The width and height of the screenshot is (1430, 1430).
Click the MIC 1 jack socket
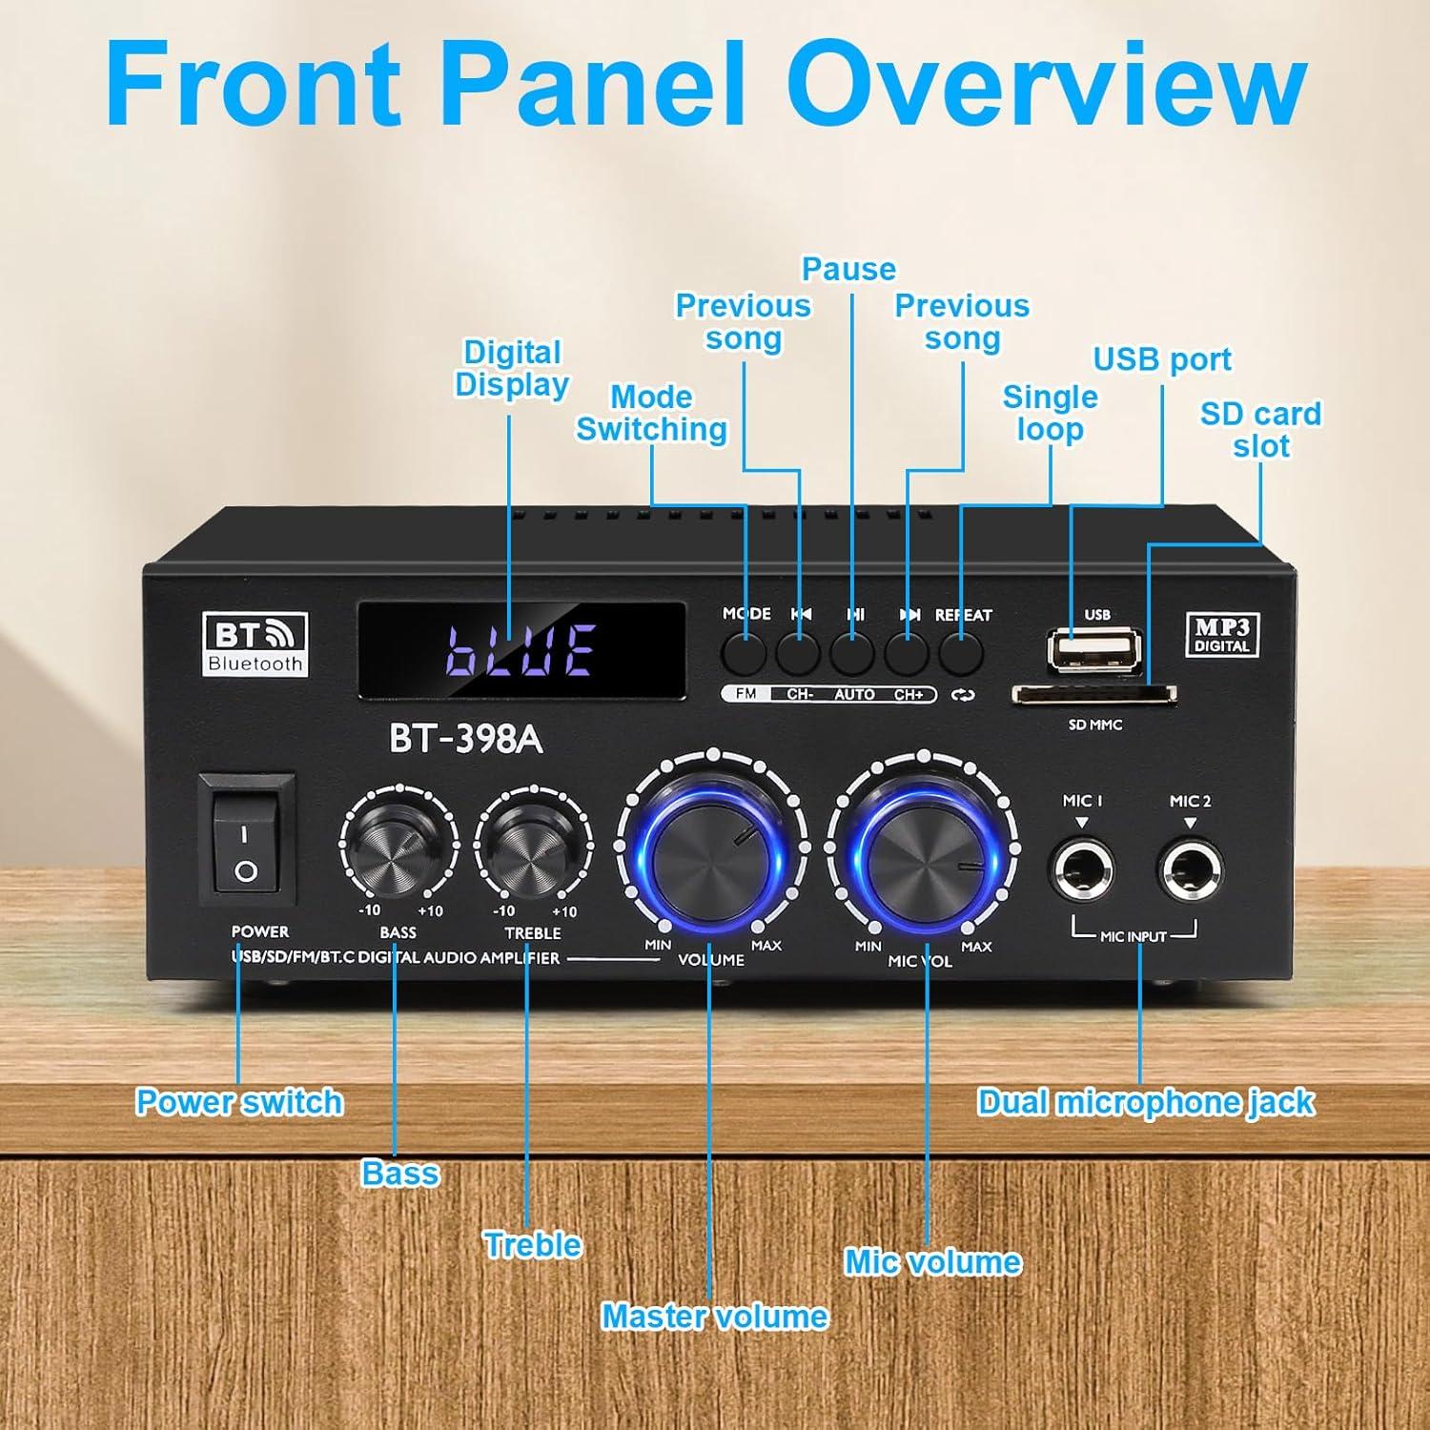1083,868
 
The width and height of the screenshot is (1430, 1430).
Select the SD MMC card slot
1093,693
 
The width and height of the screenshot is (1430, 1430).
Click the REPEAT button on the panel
961,652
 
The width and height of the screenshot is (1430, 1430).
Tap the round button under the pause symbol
853,652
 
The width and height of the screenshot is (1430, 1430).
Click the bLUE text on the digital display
522,651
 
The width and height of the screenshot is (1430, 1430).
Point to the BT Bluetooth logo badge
255,644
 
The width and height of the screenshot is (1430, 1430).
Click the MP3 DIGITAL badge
1221,634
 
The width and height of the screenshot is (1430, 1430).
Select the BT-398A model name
465,739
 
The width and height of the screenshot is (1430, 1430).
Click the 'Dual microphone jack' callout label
1146,1102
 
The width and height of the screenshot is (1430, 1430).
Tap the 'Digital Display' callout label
512,369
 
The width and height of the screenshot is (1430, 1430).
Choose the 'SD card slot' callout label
1260,430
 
